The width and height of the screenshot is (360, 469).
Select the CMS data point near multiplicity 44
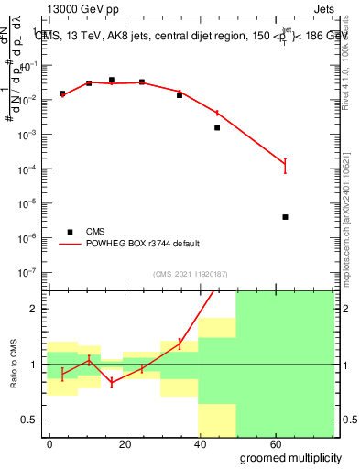point(217,127)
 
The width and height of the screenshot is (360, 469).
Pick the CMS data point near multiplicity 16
point(112,80)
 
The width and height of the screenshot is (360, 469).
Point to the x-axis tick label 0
point(50,443)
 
